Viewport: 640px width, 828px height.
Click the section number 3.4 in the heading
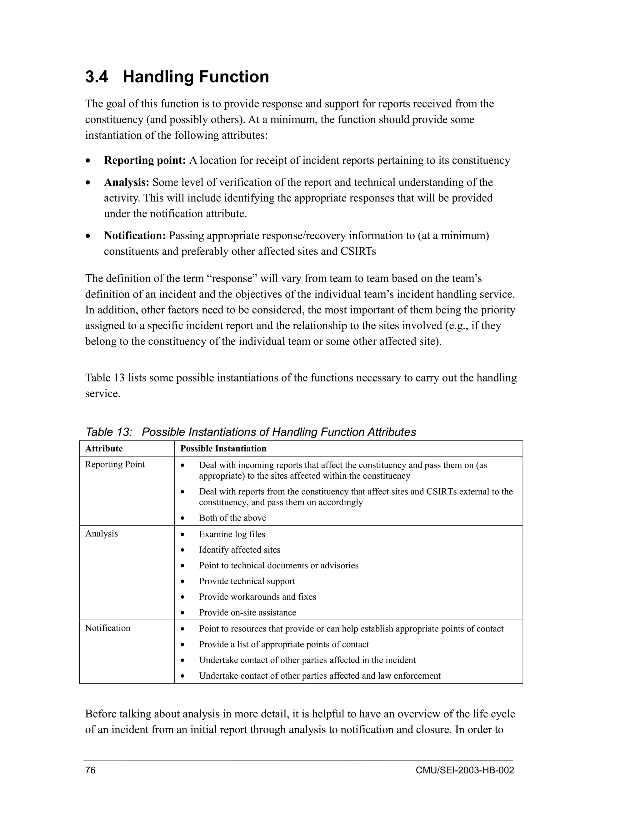[96, 77]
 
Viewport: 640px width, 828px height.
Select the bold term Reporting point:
[144, 160]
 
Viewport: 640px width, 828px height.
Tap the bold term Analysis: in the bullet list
[127, 182]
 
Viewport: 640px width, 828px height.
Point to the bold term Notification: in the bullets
[135, 236]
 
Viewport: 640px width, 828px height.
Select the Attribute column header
[104, 448]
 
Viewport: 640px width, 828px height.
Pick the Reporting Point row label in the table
[115, 464]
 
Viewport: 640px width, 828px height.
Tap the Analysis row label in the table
[101, 533]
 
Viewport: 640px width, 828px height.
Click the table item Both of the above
[232, 518]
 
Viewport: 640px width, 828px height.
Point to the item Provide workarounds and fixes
[257, 597]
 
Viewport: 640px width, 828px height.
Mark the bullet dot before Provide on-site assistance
[183, 613]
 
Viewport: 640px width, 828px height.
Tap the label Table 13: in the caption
[108, 432]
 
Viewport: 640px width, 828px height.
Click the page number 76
[90, 771]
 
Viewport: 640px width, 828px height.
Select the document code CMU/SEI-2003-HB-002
[464, 771]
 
